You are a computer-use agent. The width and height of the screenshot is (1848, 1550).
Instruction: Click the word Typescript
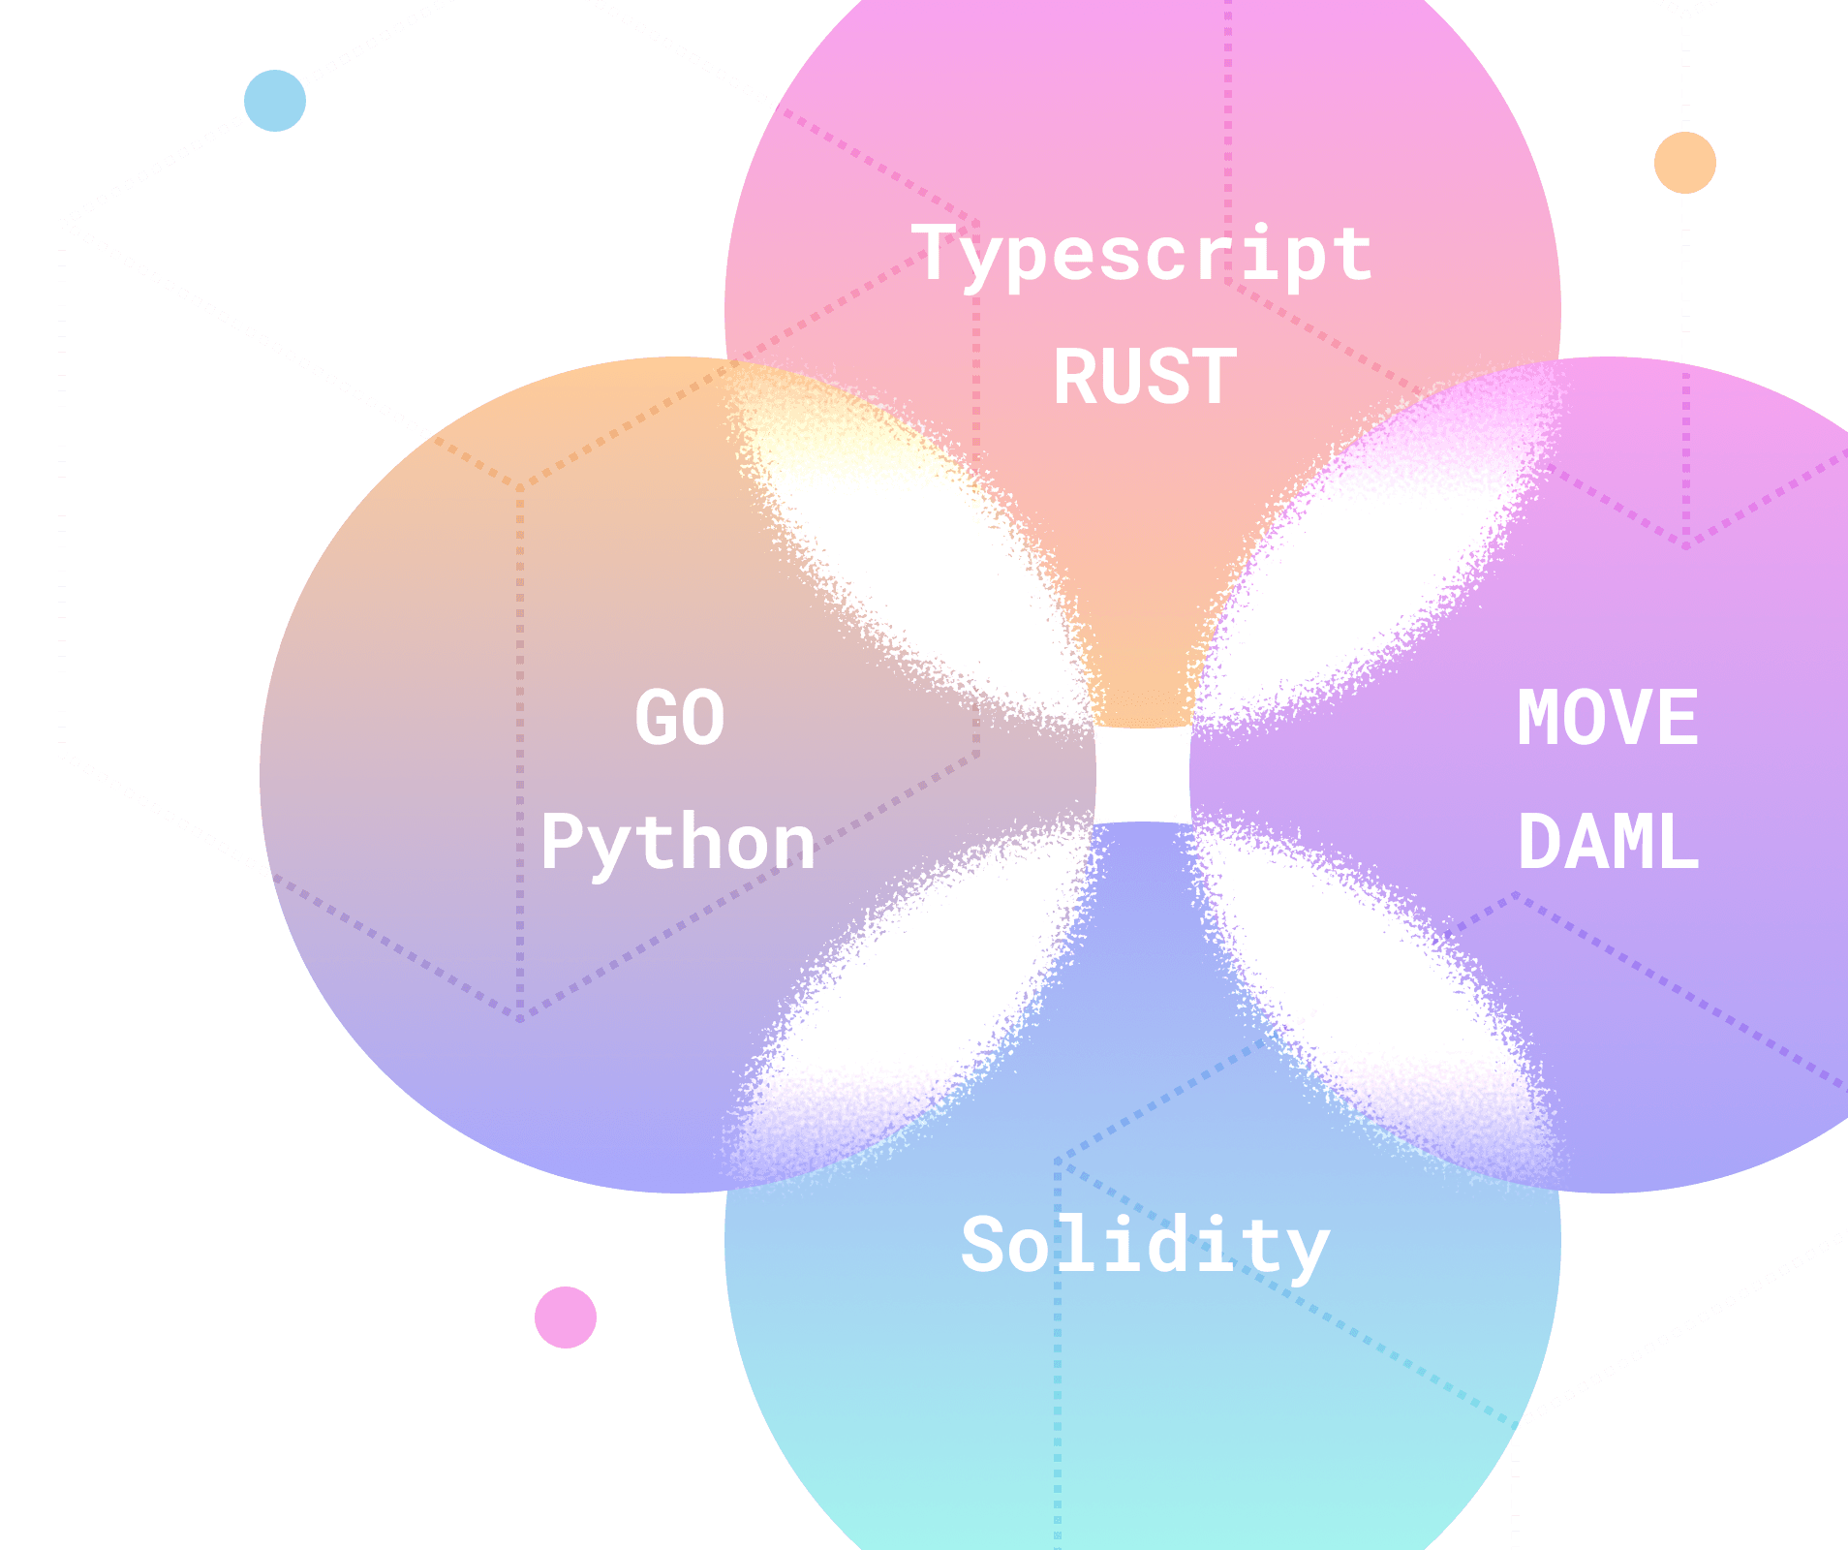point(1143,254)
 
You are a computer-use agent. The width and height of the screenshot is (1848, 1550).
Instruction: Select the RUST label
point(1145,377)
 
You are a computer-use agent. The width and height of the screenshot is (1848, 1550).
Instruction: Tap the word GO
point(679,718)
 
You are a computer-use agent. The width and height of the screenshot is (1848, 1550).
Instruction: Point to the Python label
point(678,843)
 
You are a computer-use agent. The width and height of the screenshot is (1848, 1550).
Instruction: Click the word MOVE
point(1608,718)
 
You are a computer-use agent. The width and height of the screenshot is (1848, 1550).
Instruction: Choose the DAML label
point(1608,843)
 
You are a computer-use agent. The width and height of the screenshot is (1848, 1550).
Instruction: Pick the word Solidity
point(1145,1246)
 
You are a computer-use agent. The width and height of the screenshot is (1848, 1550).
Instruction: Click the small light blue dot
point(275,101)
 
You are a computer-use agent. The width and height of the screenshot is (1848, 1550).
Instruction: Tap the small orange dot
point(1685,163)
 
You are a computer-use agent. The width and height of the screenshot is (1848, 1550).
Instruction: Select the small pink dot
point(566,1317)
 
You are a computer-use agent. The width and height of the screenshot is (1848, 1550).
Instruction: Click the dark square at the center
point(1143,775)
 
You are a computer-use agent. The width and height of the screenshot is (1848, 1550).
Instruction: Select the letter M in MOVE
point(1539,718)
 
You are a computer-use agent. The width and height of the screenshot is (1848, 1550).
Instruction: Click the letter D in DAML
point(1539,843)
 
